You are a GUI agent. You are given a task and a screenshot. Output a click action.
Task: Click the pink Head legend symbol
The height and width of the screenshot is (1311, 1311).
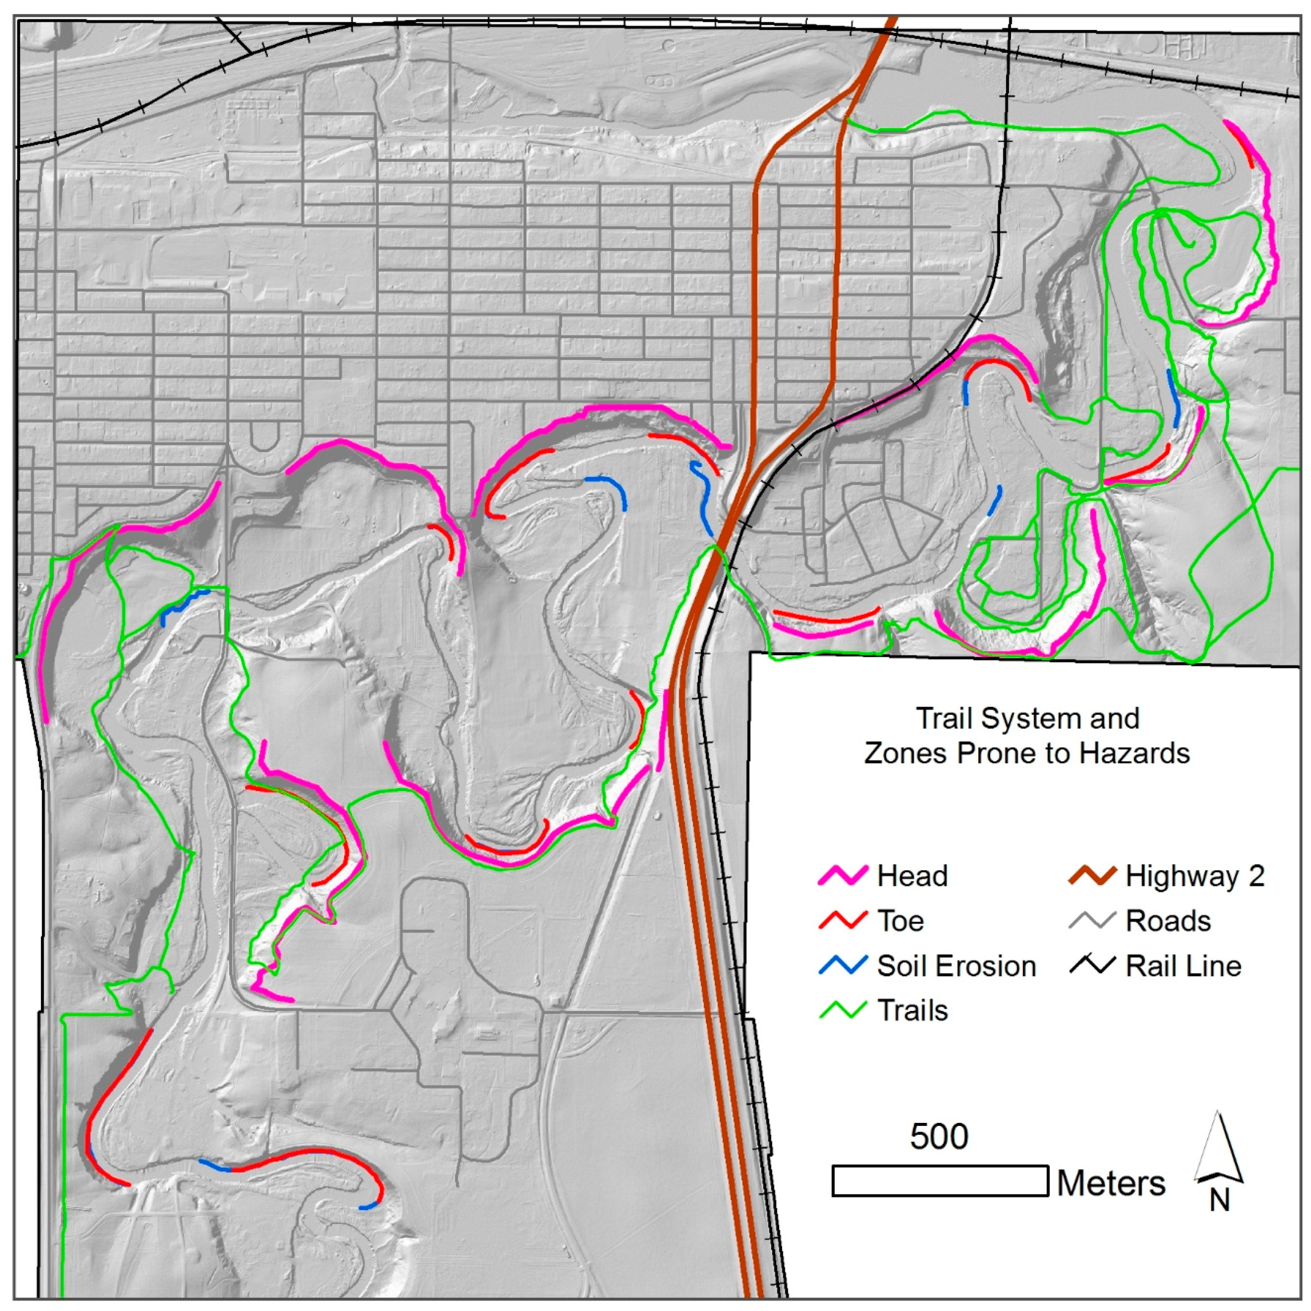click(x=843, y=876)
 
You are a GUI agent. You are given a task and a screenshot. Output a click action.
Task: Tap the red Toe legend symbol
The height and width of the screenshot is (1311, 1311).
click(x=843, y=921)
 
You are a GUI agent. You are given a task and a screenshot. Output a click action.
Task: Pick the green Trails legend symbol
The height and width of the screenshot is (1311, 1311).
click(x=843, y=1010)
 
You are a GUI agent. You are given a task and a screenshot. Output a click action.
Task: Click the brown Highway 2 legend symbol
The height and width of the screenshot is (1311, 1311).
click(x=1092, y=876)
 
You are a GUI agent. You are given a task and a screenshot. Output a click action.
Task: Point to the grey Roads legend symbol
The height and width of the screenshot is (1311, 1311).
click(x=1092, y=921)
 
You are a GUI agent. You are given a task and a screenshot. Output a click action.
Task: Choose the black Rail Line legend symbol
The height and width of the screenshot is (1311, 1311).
click(x=1092, y=965)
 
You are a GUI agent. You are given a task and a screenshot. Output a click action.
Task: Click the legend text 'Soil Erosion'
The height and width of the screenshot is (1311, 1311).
click(x=956, y=966)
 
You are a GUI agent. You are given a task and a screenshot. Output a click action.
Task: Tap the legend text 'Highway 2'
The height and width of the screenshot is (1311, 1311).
click(x=1195, y=876)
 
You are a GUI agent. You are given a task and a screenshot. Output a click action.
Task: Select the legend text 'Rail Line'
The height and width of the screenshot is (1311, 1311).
click(x=1183, y=966)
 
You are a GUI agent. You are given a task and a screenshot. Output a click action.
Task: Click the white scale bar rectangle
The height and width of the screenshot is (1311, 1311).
click(x=940, y=1181)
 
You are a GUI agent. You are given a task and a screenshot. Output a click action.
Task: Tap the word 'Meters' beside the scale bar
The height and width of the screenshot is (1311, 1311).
click(x=1111, y=1183)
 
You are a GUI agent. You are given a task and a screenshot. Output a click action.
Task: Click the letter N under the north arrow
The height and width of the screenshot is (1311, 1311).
click(x=1219, y=1201)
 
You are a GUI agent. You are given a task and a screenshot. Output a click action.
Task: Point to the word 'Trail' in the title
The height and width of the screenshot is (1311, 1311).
click(x=945, y=718)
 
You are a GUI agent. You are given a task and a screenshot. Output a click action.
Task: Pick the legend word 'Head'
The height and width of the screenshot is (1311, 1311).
click(x=912, y=876)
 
